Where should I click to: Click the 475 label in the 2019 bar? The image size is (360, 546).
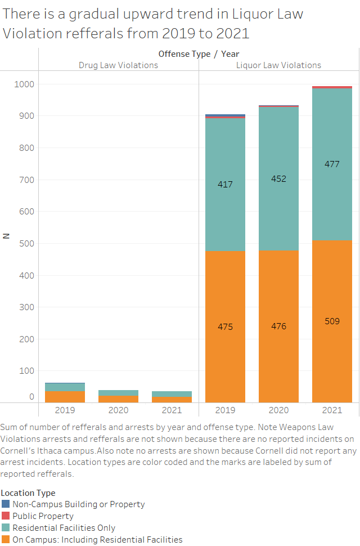pyautogui.click(x=225, y=327)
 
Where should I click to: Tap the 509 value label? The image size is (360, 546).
pyautogui.click(x=332, y=321)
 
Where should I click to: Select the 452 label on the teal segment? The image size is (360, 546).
pyautogui.click(x=278, y=179)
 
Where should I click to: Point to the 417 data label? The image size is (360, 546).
pyautogui.click(x=225, y=185)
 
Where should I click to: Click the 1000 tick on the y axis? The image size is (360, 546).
pyautogui.click(x=24, y=84)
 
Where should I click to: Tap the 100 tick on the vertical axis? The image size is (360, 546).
pyautogui.click(x=26, y=371)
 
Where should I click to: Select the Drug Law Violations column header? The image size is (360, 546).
pyautogui.click(x=118, y=65)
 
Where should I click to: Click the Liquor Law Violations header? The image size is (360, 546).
pyautogui.click(x=278, y=65)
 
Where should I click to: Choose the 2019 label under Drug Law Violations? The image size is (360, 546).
pyautogui.click(x=65, y=410)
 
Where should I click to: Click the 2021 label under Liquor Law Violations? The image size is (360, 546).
pyautogui.click(x=332, y=410)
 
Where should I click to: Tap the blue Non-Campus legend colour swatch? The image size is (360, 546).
pyautogui.click(x=6, y=504)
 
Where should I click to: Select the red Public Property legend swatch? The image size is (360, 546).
pyautogui.click(x=6, y=516)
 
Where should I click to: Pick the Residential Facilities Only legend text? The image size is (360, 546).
pyautogui.click(x=64, y=528)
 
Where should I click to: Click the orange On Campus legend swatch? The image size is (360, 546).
pyautogui.click(x=6, y=540)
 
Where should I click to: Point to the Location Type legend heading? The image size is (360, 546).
pyautogui.click(x=28, y=493)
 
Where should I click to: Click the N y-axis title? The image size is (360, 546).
pyautogui.click(x=6, y=236)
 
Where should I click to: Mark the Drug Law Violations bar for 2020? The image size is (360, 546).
pyautogui.click(x=118, y=396)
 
